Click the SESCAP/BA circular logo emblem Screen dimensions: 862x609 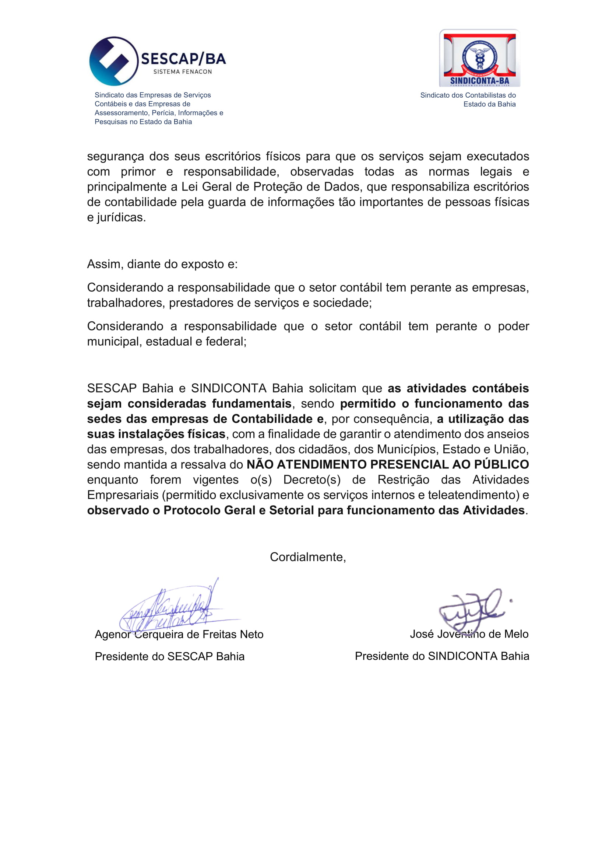(114, 61)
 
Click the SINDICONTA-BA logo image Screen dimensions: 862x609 (479, 58)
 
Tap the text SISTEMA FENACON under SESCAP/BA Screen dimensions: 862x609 (183, 72)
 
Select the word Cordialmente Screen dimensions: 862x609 (307, 557)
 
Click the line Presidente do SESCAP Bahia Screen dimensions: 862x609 (169, 656)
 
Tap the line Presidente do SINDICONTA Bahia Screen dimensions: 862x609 (442, 656)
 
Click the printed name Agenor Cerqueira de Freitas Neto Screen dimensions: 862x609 (179, 634)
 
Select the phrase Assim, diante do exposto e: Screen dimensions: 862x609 (162, 264)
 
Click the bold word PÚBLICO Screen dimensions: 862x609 (501, 464)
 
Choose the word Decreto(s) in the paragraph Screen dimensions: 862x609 (311, 479)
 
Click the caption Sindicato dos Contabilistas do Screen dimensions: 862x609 (468, 95)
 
